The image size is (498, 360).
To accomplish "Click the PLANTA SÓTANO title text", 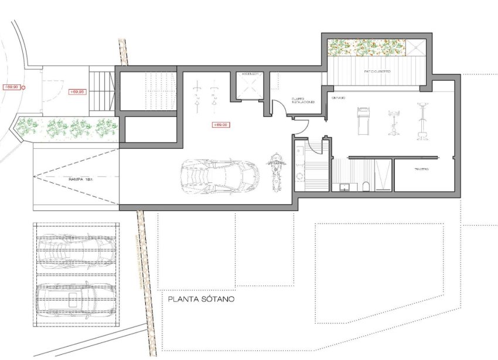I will [201, 299].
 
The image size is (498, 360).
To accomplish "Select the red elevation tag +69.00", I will [220, 124].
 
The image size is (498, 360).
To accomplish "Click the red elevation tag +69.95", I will [77, 91].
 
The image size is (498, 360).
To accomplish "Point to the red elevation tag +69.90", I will [12, 87].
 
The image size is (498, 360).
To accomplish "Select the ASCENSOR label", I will [251, 74].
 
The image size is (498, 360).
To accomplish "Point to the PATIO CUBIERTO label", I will [377, 72].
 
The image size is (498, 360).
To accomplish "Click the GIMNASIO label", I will [337, 97].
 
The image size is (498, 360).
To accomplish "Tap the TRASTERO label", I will [422, 169].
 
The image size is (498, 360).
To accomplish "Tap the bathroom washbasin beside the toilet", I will [343, 187].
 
